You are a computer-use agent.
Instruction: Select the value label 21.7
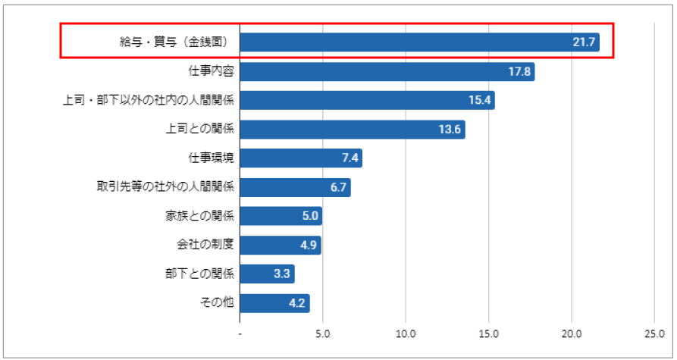pos(583,42)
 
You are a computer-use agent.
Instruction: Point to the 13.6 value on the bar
pos(450,130)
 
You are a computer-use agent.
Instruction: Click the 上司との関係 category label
pos(200,130)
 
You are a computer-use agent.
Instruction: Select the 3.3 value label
pos(281,274)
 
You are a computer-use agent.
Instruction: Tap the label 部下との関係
pos(200,274)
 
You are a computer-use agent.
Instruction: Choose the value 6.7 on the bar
pos(337,188)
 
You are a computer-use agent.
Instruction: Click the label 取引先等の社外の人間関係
pos(165,187)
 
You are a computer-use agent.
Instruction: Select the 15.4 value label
pos(480,101)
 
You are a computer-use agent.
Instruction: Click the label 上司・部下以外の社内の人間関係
pos(149,101)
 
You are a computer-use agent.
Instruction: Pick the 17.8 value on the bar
pos(520,72)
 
